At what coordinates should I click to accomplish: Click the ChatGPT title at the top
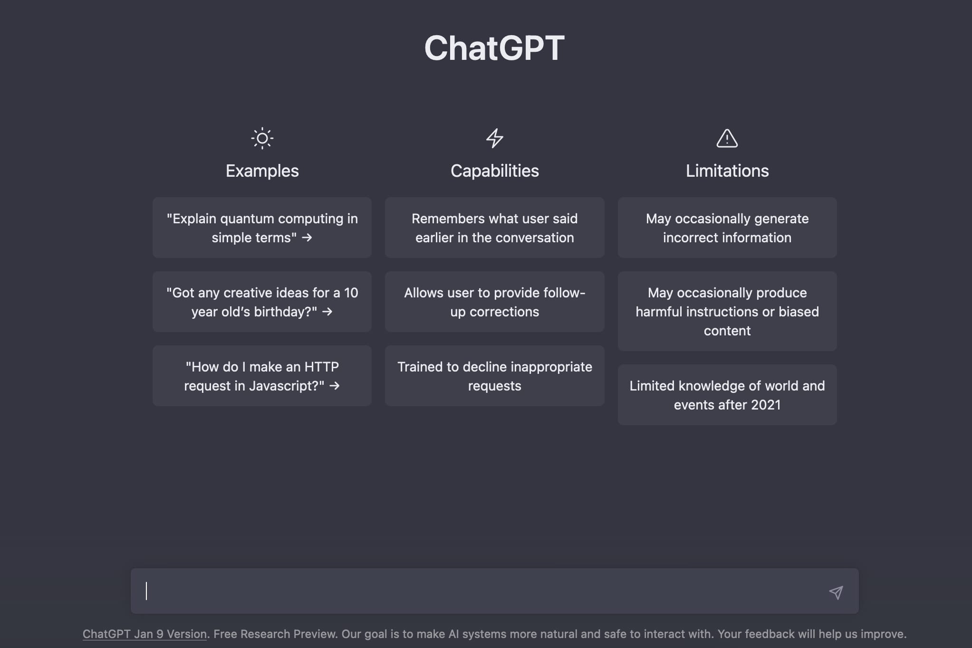494,48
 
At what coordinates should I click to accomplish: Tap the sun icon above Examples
262,138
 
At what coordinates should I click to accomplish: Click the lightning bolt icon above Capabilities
494,138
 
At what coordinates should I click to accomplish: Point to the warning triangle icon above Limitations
727,138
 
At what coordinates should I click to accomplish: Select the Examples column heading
262,171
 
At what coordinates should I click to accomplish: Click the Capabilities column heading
494,171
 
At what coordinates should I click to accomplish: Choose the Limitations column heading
727,171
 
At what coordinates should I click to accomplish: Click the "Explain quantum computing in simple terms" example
262,228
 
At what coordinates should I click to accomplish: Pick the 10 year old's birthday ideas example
262,302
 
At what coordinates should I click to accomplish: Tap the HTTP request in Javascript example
262,376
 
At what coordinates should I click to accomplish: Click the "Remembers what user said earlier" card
494,228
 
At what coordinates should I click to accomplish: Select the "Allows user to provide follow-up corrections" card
494,302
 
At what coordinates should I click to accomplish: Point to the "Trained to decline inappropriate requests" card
494,376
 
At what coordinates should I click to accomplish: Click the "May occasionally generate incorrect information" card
727,228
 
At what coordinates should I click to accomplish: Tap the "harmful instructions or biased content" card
727,311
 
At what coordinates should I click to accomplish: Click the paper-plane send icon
836,592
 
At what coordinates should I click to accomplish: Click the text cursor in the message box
146,591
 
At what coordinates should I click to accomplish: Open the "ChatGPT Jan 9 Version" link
144,634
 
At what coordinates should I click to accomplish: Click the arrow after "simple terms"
307,237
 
